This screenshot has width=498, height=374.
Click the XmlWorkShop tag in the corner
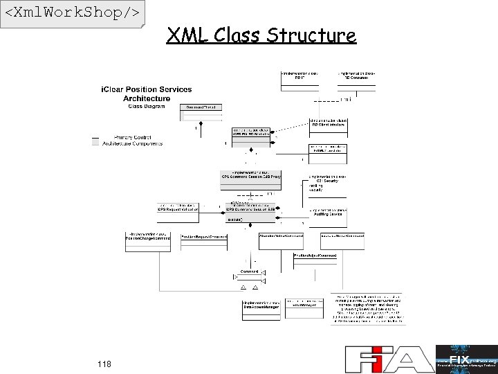(x=73, y=13)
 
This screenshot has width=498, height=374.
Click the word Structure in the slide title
(x=311, y=35)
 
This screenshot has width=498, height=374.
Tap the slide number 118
(x=104, y=364)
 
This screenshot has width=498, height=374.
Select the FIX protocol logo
(x=466, y=359)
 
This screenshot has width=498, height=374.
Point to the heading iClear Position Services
(x=147, y=89)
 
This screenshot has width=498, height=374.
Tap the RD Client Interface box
(x=329, y=125)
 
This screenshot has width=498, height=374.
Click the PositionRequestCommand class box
(x=205, y=237)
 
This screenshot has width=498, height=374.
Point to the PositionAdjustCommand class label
(x=315, y=256)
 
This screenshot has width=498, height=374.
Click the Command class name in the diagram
(x=249, y=271)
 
